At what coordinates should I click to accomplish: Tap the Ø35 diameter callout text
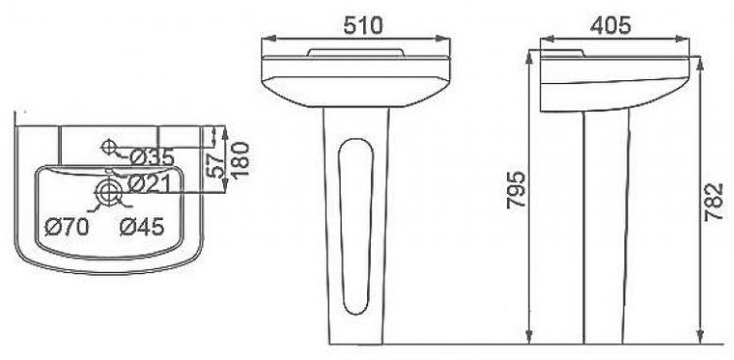151,157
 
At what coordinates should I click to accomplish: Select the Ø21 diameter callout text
151,182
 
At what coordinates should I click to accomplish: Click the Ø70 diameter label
68,228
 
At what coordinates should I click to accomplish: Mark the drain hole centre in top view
111,192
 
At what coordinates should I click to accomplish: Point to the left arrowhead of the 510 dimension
269,38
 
